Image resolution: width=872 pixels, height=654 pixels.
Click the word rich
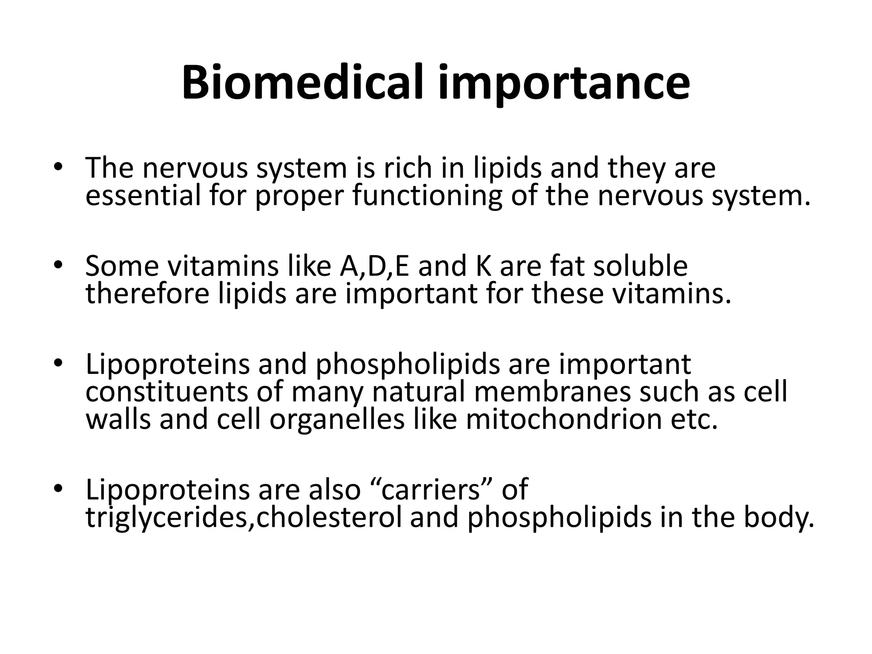pyautogui.click(x=408, y=168)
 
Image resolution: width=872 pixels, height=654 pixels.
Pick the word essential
pyautogui.click(x=143, y=195)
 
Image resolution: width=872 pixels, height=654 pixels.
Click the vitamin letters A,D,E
pyautogui.click(x=375, y=267)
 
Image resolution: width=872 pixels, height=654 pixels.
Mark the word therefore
pyautogui.click(x=147, y=293)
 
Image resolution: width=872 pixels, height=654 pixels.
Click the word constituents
pyautogui.click(x=166, y=392)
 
